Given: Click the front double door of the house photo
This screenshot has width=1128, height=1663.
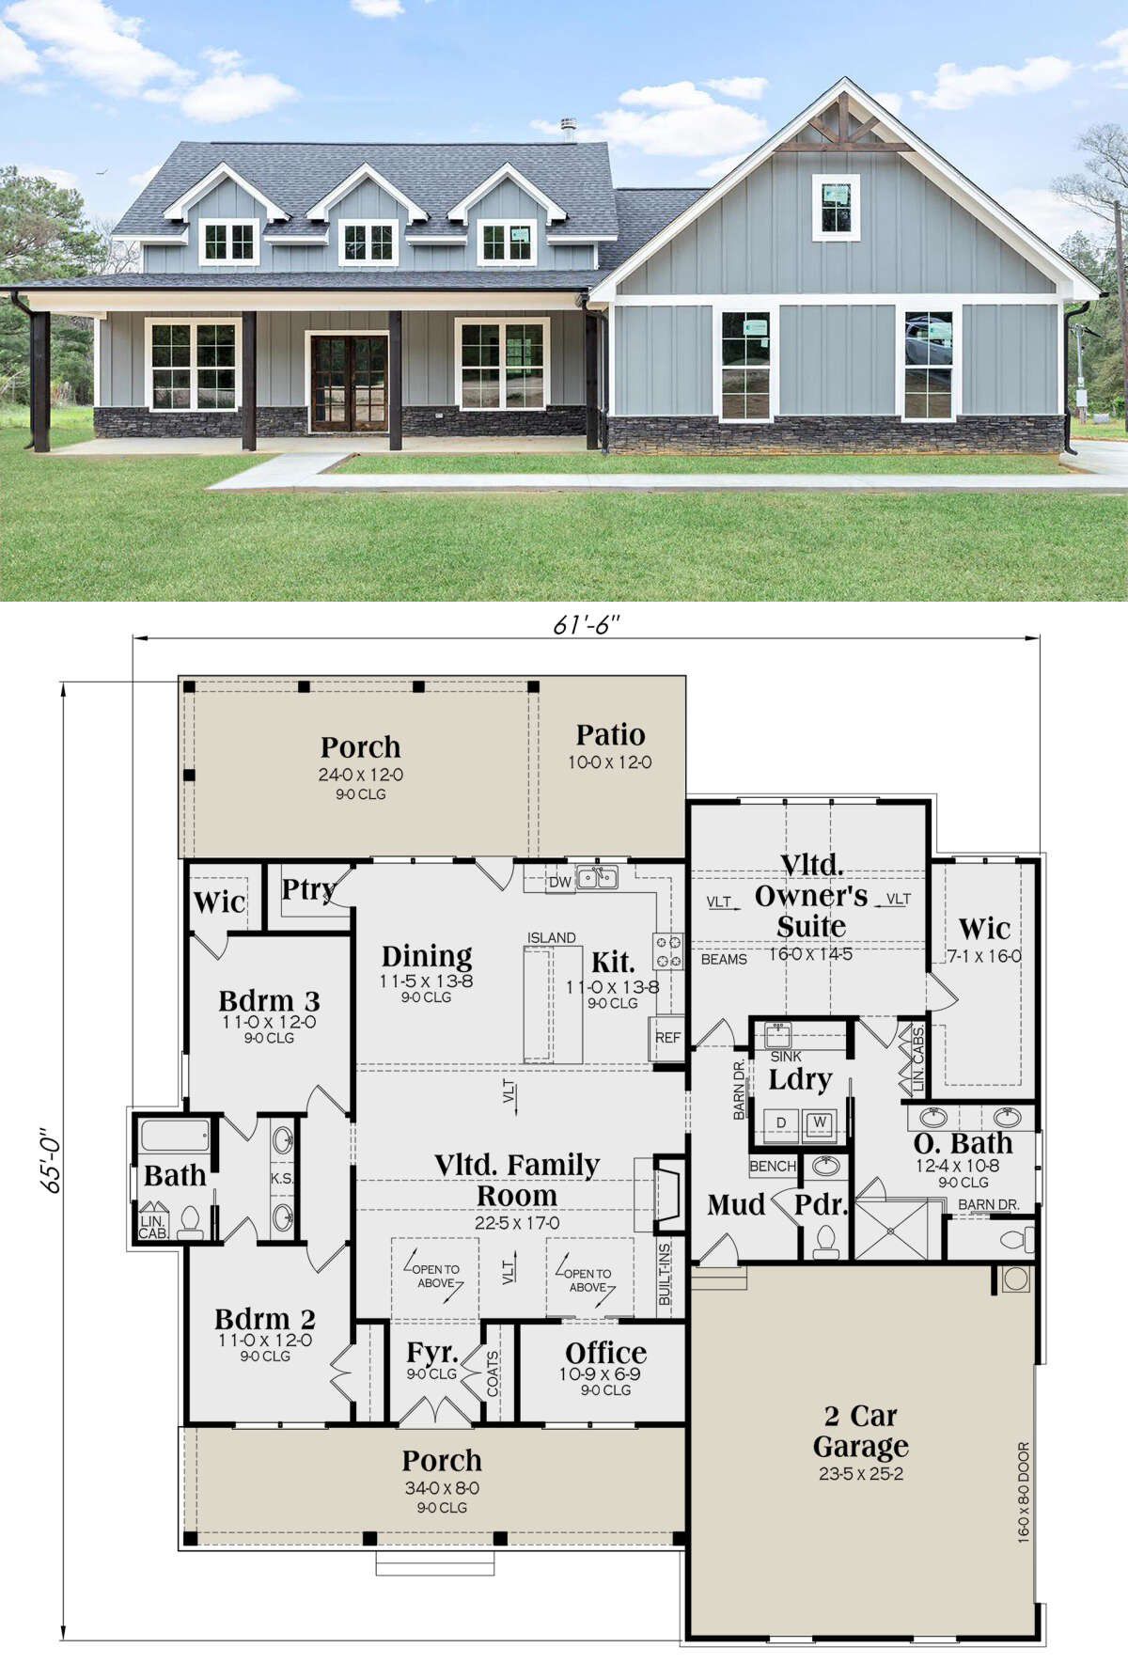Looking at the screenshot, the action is click(x=349, y=383).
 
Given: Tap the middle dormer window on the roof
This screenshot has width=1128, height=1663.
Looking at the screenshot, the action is click(x=368, y=242).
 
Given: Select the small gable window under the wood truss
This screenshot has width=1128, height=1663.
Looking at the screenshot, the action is click(x=836, y=207).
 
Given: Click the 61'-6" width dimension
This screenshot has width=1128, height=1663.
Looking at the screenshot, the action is click(x=587, y=624).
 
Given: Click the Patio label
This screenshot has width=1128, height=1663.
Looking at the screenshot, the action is click(x=610, y=734).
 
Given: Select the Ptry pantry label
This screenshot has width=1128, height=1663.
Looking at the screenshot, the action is click(x=308, y=889).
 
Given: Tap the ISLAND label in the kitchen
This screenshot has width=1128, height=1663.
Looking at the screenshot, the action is click(x=552, y=937).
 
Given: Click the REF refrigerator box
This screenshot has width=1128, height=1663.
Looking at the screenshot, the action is click(x=667, y=1038).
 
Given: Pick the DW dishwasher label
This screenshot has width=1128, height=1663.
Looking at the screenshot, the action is click(x=560, y=882).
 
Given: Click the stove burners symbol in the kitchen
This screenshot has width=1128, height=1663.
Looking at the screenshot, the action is click(x=669, y=950).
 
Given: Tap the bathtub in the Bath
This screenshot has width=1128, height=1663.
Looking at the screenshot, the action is click(x=176, y=1136).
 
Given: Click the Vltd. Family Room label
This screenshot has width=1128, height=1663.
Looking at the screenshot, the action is click(x=517, y=1180).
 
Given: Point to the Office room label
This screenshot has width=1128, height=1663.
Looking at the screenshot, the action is click(x=606, y=1353).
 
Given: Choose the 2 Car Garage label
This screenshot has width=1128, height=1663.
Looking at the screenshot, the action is click(x=861, y=1430).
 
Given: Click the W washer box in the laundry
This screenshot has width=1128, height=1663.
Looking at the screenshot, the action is click(x=820, y=1122).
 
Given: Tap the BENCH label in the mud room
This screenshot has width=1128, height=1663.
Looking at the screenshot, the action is click(x=773, y=1166).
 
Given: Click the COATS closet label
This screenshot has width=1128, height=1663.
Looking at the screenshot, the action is click(x=493, y=1373).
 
